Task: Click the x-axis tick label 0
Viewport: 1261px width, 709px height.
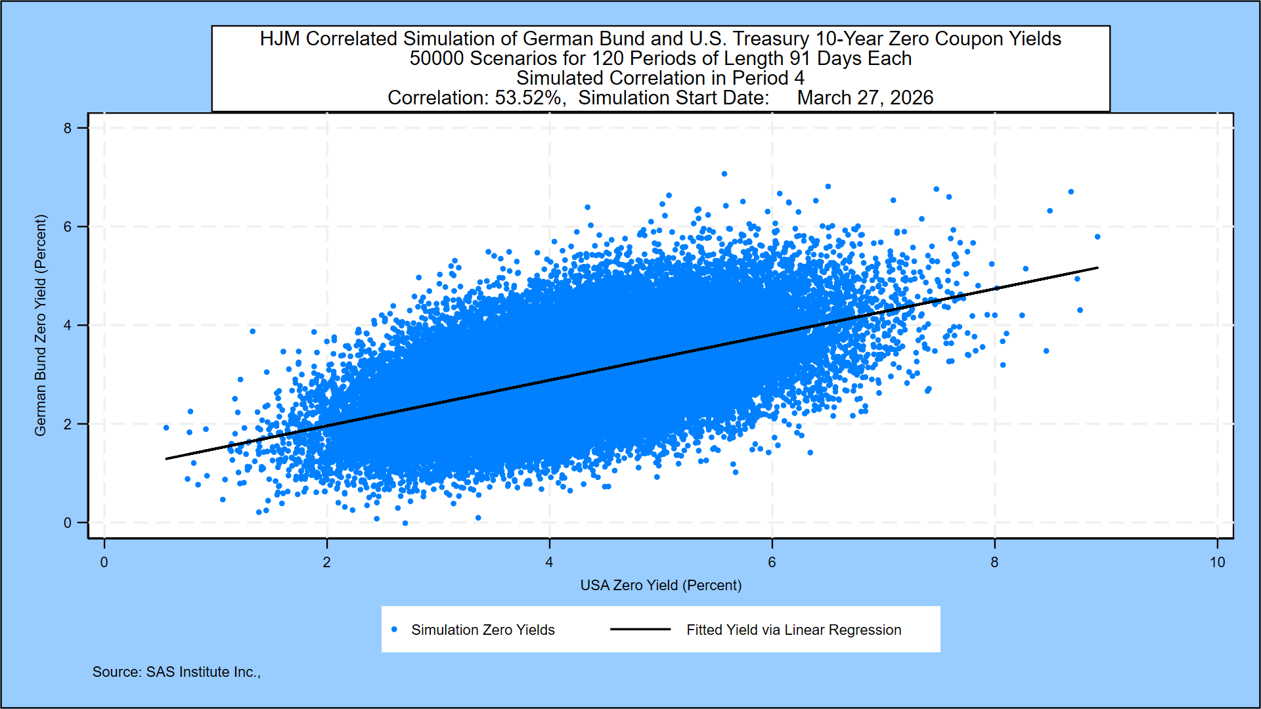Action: click(104, 563)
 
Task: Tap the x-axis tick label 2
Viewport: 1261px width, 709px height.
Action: click(326, 563)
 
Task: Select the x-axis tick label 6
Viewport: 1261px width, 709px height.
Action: click(772, 563)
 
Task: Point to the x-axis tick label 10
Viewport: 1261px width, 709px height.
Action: click(1217, 563)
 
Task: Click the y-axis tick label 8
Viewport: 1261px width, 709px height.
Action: click(68, 128)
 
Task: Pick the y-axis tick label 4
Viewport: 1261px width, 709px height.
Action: click(68, 326)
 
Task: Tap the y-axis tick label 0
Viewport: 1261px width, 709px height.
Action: click(68, 523)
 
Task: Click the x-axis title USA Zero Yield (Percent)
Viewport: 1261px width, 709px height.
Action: click(661, 585)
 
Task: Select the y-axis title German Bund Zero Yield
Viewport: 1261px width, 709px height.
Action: click(41, 325)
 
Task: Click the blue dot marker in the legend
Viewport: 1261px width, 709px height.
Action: click(394, 630)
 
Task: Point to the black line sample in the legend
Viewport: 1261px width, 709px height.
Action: click(640, 630)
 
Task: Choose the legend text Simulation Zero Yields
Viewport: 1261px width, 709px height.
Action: click(483, 630)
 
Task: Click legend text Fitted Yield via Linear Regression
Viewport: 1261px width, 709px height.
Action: click(793, 630)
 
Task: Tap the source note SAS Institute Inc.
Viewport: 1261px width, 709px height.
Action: click(176, 672)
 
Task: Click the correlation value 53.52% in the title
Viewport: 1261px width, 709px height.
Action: click(530, 98)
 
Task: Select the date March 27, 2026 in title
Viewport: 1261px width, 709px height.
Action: click(865, 98)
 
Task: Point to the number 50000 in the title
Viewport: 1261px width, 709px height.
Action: click(437, 58)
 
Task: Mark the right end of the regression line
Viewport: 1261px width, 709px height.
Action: click(1097, 268)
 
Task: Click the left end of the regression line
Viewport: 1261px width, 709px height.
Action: click(167, 459)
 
